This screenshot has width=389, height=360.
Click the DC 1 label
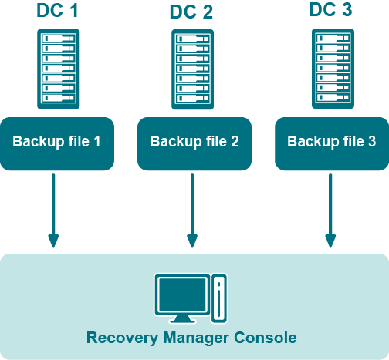[57, 11]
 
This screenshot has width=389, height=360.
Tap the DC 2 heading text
[191, 12]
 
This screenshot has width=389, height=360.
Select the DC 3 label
[330, 10]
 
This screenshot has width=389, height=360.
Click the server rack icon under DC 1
[59, 69]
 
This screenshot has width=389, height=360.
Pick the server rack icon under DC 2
[193, 69]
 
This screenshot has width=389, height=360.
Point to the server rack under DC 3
[333, 69]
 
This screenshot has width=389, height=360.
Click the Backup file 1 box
[57, 143]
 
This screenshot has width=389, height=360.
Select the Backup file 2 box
[194, 143]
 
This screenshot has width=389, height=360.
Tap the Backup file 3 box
[332, 143]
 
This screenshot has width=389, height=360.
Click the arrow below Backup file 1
[53, 210]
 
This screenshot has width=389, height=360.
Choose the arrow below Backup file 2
[192, 210]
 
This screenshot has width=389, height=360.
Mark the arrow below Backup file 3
[330, 210]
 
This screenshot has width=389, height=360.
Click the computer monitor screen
[182, 294]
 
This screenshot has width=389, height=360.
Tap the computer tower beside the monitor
[219, 298]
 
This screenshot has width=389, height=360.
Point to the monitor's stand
[182, 319]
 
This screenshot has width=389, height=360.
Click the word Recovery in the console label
[122, 338]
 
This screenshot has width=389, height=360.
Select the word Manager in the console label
[196, 338]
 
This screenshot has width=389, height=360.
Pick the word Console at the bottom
[266, 338]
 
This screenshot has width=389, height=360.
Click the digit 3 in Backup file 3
[372, 141]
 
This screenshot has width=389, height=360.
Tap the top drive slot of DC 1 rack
[59, 39]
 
